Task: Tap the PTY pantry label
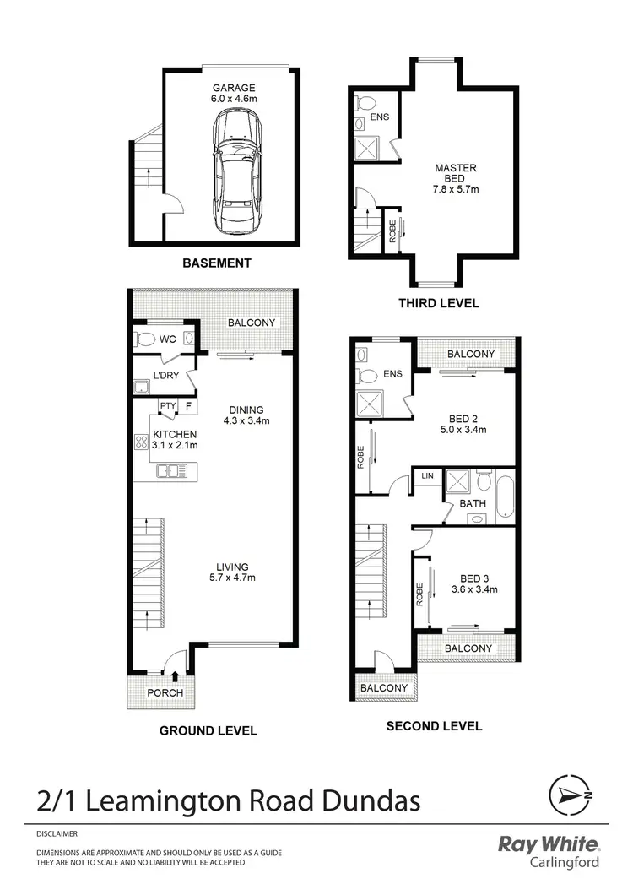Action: (x=167, y=406)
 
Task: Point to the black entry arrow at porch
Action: (x=175, y=675)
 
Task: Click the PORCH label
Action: (x=165, y=693)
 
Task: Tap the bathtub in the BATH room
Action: (x=505, y=497)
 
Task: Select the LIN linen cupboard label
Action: (x=427, y=476)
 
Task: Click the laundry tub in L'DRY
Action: (x=141, y=388)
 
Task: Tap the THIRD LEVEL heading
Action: (x=439, y=303)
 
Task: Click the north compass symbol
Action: (x=571, y=795)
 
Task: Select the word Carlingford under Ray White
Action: (x=565, y=862)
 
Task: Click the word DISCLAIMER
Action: (x=57, y=833)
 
